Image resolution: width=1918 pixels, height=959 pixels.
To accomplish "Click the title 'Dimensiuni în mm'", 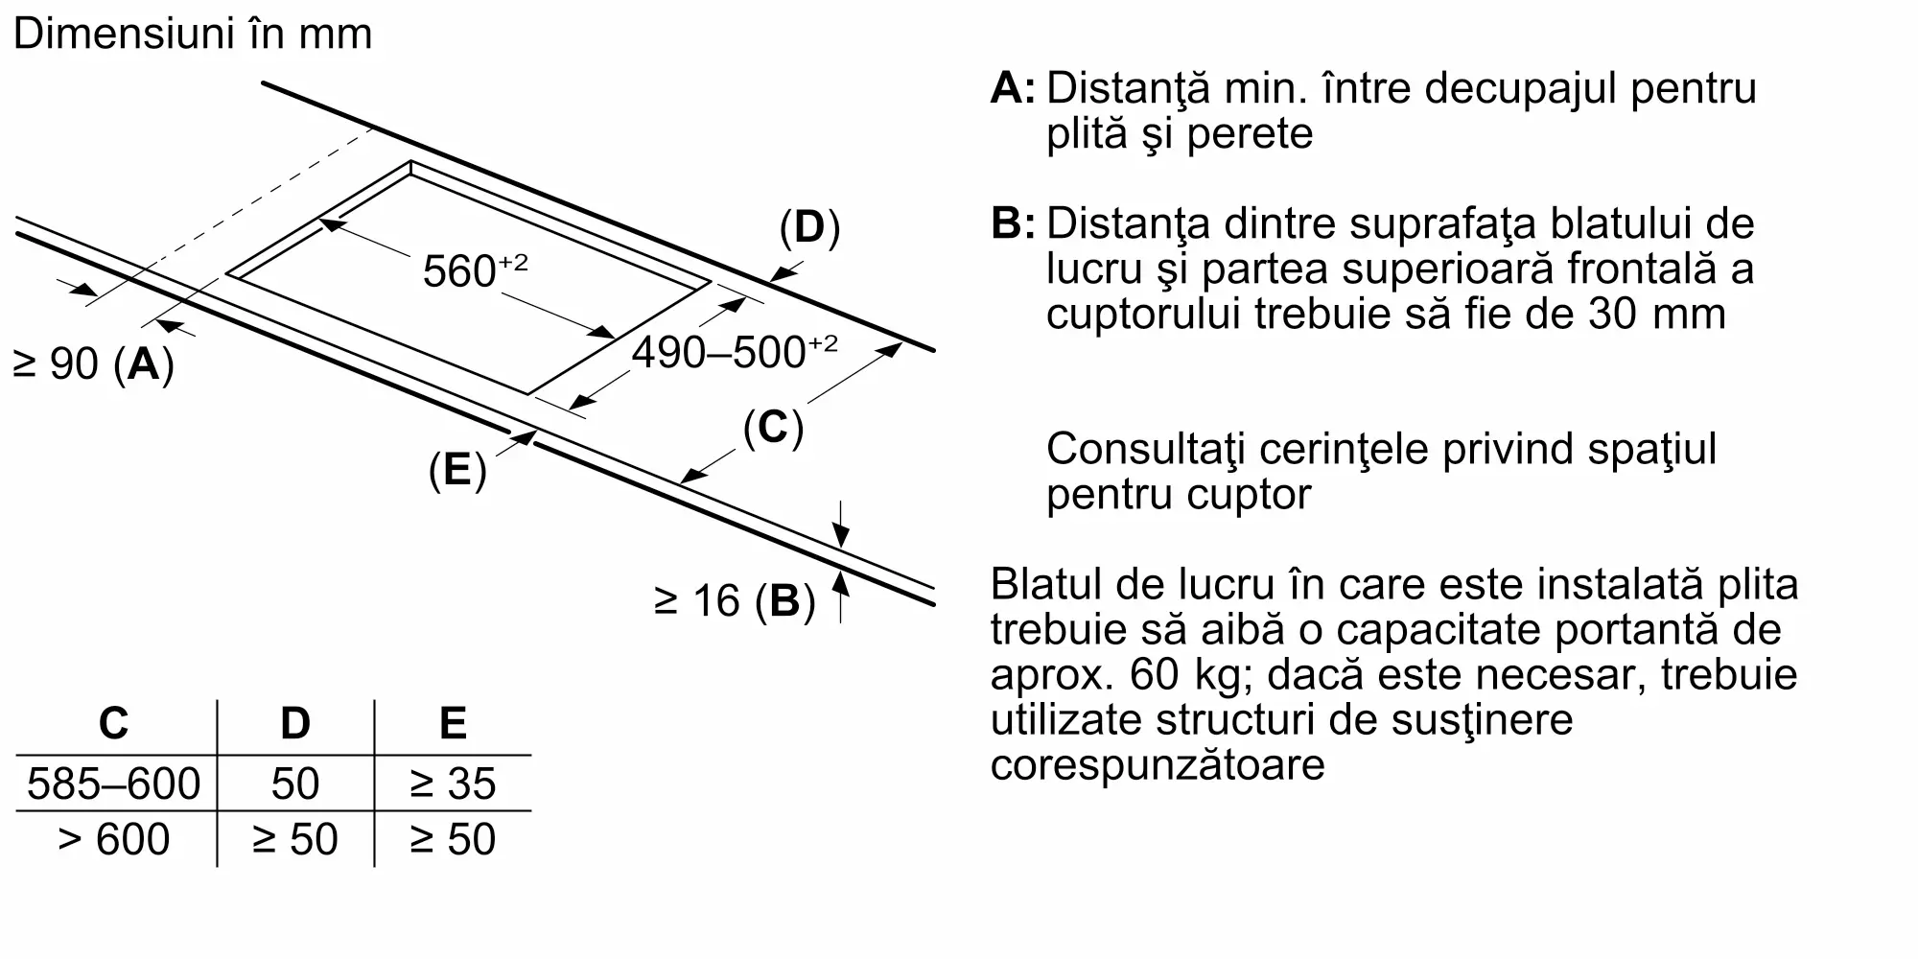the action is [193, 34].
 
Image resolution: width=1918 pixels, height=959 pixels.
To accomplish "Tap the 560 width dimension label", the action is [475, 270].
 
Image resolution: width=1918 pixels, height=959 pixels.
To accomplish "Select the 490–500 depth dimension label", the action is [734, 351].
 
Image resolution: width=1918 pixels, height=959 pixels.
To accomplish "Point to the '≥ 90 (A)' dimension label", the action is [93, 363].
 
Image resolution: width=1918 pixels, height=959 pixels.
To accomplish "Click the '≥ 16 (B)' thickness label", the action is [735, 601].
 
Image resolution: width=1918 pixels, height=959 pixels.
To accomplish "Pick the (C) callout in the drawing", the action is [773, 428].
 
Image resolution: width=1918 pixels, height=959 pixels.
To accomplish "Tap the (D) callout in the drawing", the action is [809, 228].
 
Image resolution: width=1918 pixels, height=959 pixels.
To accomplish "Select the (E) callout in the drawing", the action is [457, 470].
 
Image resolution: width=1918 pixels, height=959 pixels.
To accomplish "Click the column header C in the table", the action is [113, 723].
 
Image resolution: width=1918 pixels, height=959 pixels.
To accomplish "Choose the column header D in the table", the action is [295, 723].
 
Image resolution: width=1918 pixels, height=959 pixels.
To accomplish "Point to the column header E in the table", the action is [453, 723].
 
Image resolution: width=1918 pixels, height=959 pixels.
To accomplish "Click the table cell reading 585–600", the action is [113, 784].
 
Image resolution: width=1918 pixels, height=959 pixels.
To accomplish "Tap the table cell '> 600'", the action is [113, 839].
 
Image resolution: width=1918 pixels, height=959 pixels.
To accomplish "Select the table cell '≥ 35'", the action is [453, 784].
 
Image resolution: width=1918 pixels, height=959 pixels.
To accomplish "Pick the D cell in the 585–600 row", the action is [295, 784].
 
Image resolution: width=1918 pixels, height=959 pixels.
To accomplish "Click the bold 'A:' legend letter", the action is [1013, 87].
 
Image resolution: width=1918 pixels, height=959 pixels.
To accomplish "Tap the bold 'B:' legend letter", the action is [1013, 223].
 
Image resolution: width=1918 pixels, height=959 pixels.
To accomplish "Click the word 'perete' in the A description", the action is [1250, 134].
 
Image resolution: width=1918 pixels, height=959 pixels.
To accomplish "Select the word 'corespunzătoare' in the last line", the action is [1158, 765].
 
